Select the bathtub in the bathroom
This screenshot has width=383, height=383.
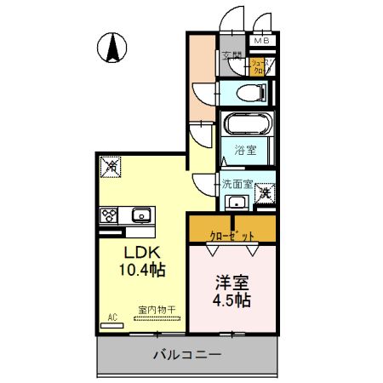pos(246,124)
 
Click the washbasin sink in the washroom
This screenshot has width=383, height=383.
pos(237,203)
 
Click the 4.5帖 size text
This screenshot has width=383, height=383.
pos(232,300)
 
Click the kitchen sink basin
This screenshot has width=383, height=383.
pos(141,214)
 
